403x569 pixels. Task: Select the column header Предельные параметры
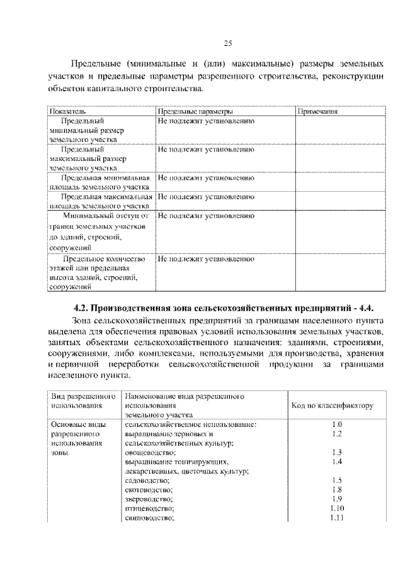point(195,111)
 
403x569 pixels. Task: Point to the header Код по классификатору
point(332,406)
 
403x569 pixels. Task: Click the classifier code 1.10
point(337,508)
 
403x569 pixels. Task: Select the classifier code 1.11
point(337,517)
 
